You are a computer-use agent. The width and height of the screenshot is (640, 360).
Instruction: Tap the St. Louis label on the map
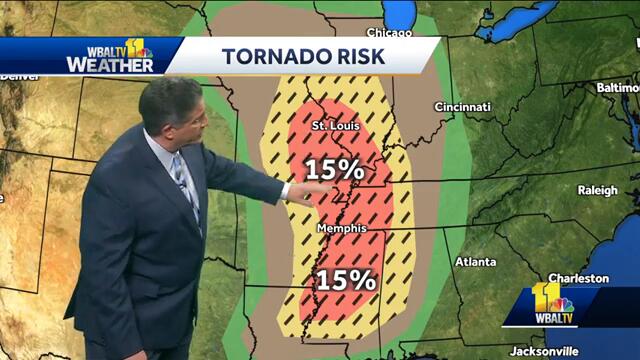pyautogui.click(x=333, y=127)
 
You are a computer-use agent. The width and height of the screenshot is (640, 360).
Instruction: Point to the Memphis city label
pyautogui.click(x=341, y=229)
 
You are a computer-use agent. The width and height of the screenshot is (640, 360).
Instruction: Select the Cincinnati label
pyautogui.click(x=462, y=107)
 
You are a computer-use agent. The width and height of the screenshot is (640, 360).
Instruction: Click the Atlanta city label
pyautogui.click(x=475, y=262)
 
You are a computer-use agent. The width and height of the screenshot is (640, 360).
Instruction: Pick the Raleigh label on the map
pyautogui.click(x=598, y=190)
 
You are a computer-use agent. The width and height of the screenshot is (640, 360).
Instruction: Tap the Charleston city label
pyautogui.click(x=578, y=278)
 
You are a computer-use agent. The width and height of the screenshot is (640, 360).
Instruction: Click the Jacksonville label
pyautogui.click(x=543, y=351)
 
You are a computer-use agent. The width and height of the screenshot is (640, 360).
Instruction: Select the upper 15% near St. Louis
pyautogui.click(x=334, y=169)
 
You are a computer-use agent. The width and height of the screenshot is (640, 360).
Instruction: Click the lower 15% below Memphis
pyautogui.click(x=346, y=280)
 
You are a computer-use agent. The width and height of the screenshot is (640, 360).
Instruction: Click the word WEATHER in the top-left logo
pyautogui.click(x=110, y=65)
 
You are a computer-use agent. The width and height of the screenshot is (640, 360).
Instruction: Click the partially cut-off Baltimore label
pyautogui.click(x=618, y=88)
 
